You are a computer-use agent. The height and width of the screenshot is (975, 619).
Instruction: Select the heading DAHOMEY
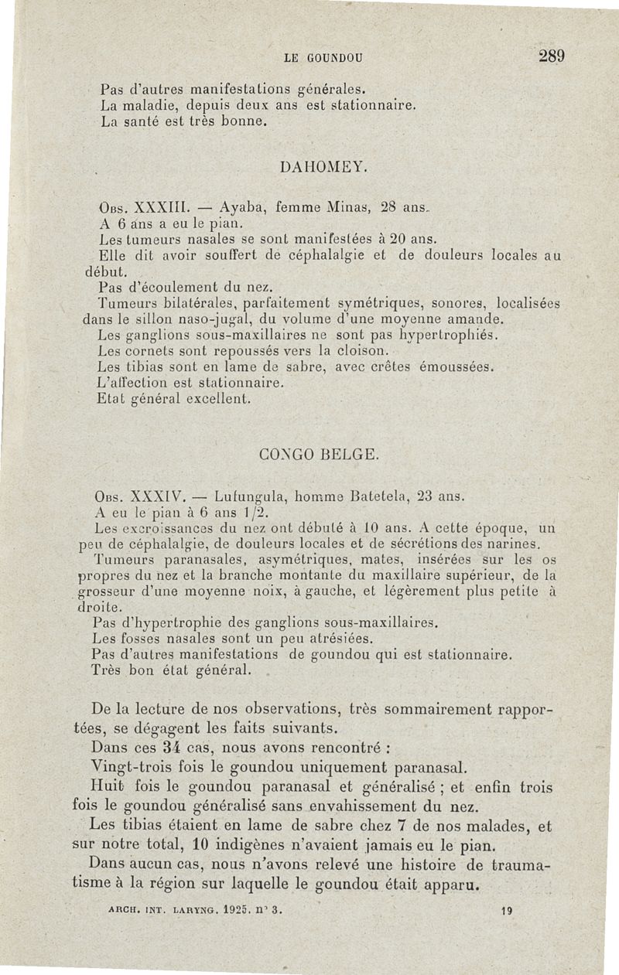318,167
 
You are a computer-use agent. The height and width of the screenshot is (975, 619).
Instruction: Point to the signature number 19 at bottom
507,911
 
